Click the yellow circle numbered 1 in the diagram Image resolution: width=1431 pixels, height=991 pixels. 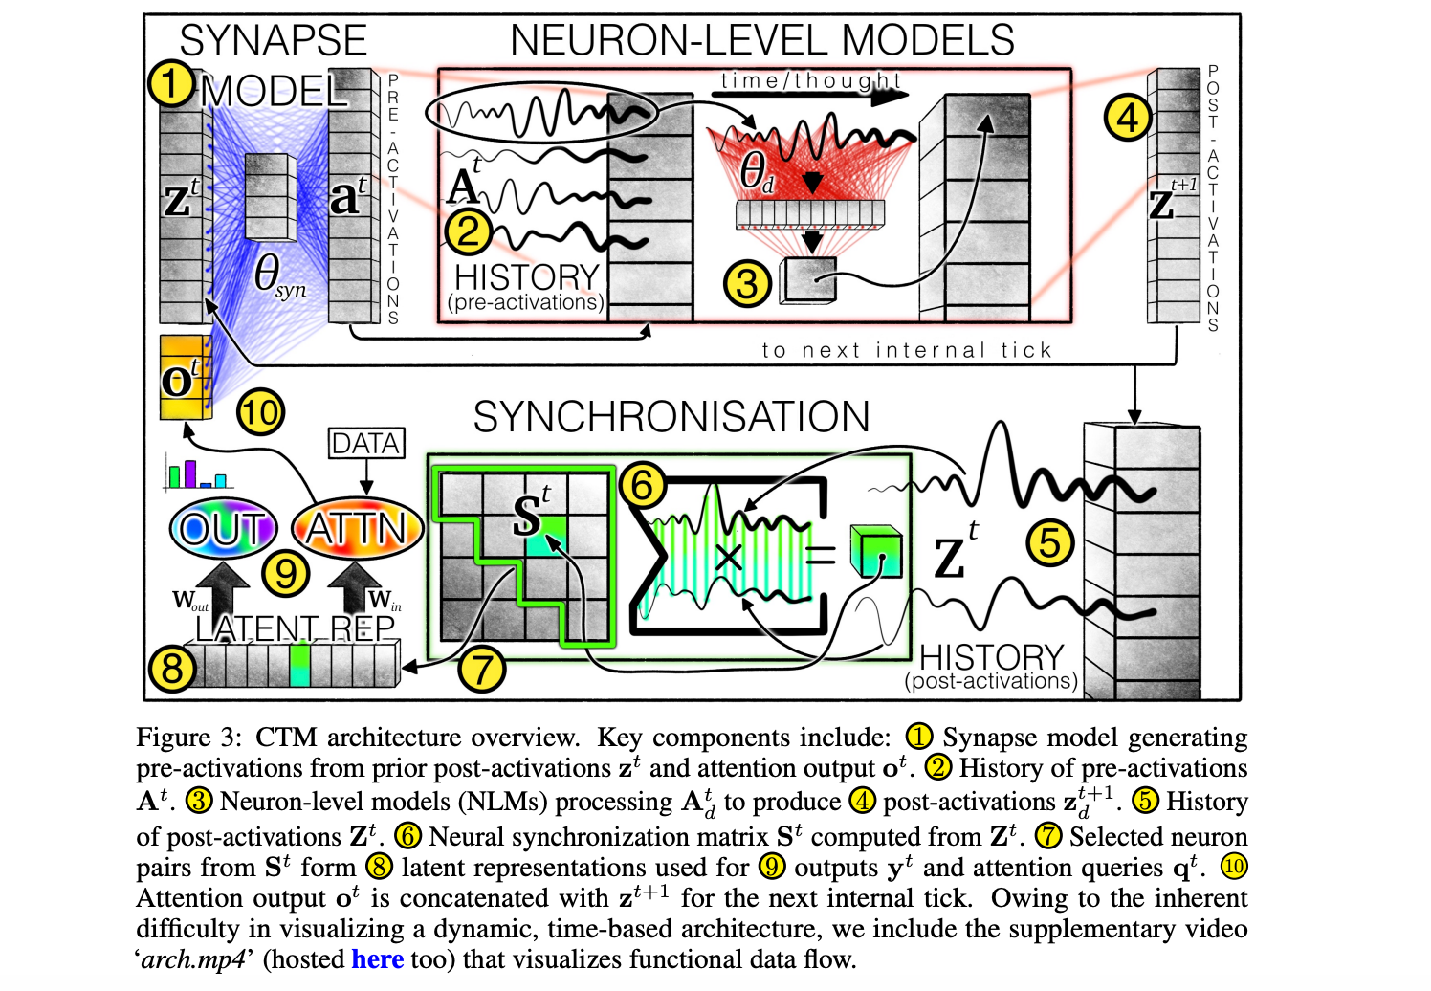tap(170, 83)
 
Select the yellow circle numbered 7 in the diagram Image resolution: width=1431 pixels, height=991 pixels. tap(481, 668)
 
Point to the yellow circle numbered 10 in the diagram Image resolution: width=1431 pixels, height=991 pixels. tap(260, 413)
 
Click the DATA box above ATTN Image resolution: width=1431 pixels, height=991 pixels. tap(366, 444)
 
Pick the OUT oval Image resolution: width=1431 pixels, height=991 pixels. tap(223, 528)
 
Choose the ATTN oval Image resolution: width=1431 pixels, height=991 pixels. tap(357, 528)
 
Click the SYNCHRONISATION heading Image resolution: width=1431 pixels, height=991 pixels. tap(671, 417)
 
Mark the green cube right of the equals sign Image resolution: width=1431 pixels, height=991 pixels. tap(876, 551)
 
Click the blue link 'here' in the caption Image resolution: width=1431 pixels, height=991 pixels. tap(377, 959)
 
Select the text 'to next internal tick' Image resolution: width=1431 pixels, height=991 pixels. tap(906, 350)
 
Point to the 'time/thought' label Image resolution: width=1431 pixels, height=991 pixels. tap(810, 80)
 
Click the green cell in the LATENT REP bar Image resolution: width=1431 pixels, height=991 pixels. tap(300, 665)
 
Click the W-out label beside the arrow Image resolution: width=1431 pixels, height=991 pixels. tap(190, 601)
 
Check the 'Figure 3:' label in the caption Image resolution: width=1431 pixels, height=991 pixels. tap(189, 738)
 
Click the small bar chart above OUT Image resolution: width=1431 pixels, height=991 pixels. tap(197, 473)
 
